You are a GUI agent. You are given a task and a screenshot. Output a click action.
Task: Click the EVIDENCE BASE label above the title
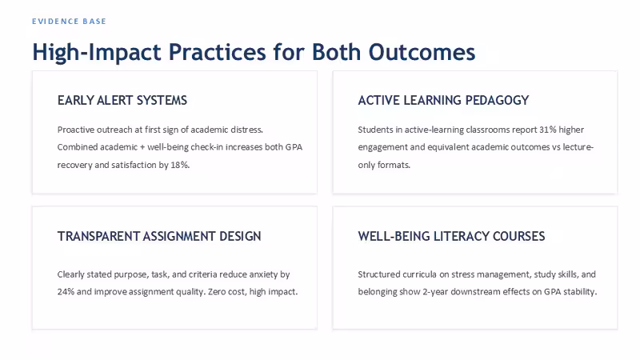pyautogui.click(x=69, y=22)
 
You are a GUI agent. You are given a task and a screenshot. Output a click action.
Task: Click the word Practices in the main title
pyautogui.click(x=217, y=52)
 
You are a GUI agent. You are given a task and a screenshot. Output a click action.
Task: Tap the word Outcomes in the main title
pyautogui.click(x=422, y=52)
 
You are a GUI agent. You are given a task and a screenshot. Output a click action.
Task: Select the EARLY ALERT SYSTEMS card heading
pyautogui.click(x=122, y=101)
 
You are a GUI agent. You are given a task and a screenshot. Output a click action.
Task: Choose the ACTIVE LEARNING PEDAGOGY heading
pyautogui.click(x=443, y=101)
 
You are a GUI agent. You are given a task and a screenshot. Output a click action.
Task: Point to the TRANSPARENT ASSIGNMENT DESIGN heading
pyautogui.click(x=159, y=236)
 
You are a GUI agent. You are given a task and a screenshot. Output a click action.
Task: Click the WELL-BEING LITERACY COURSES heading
pyautogui.click(x=451, y=236)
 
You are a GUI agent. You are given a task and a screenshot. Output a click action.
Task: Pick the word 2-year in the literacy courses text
pyautogui.click(x=435, y=292)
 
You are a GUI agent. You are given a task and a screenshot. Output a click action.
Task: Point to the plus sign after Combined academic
pyautogui.click(x=142, y=147)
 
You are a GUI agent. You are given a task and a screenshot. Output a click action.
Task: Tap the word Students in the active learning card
pyautogui.click(x=375, y=130)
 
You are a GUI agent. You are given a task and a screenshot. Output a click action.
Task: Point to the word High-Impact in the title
pyautogui.click(x=97, y=52)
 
